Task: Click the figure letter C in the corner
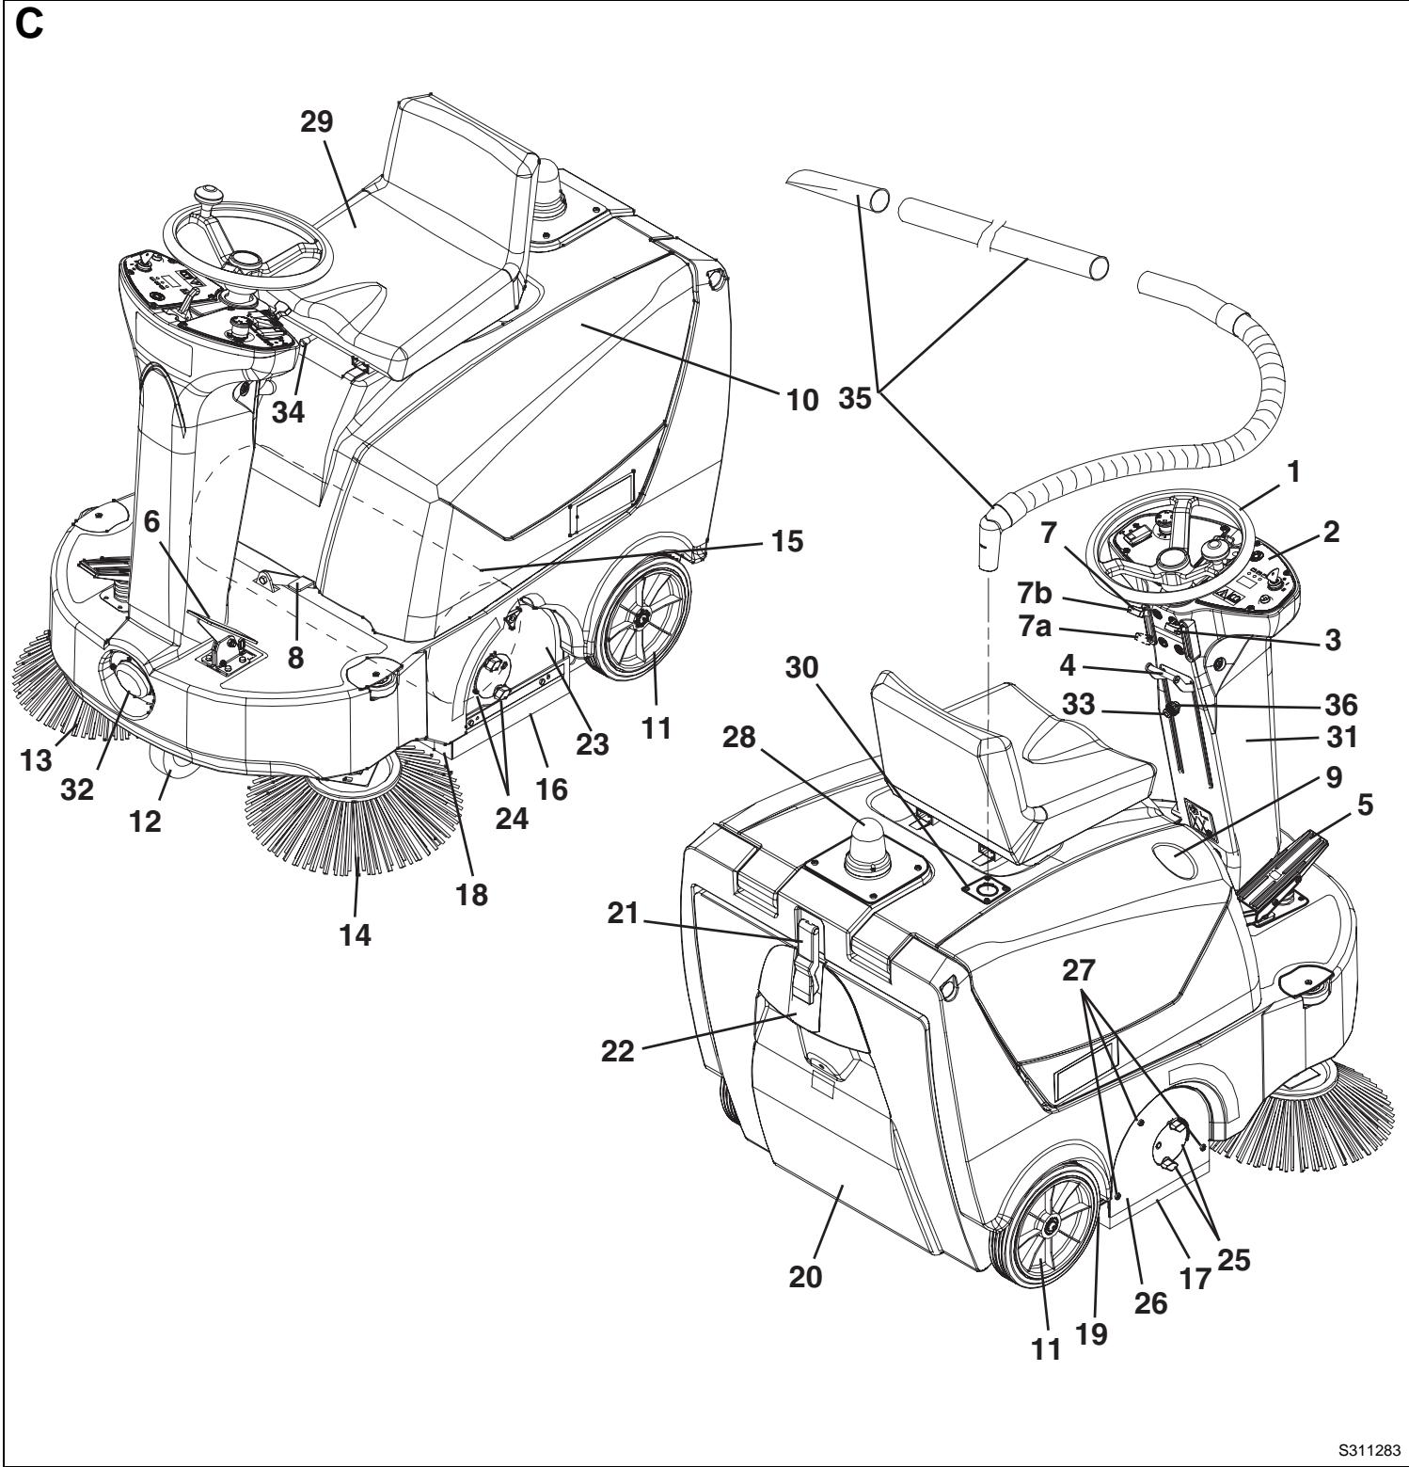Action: click(31, 25)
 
